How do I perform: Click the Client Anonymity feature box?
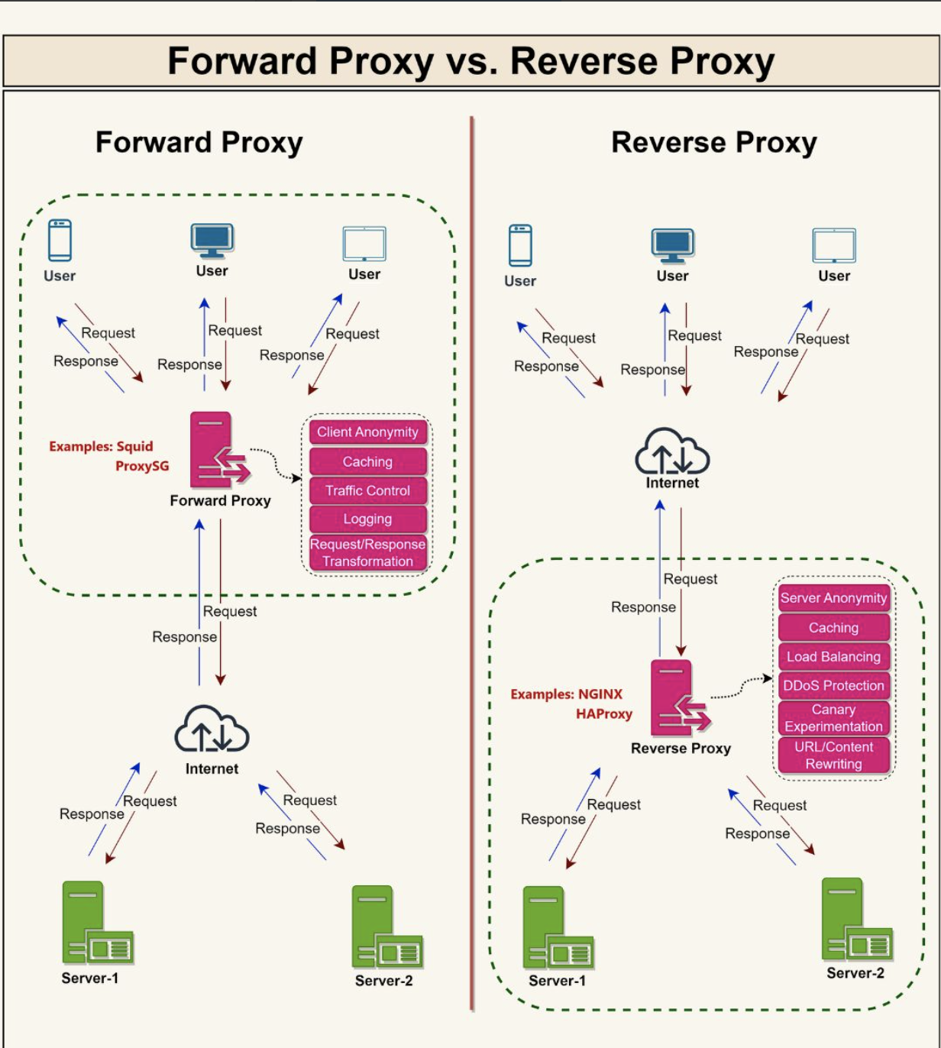pos(367,432)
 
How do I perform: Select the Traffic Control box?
pos(367,490)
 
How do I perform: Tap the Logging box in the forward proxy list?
pos(367,519)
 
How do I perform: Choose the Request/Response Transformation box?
pos(367,553)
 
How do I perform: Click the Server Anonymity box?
pos(833,598)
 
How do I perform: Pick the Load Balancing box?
pos(833,657)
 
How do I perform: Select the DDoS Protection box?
pos(833,686)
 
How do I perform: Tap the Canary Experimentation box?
pos(833,718)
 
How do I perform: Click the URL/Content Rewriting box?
pos(833,755)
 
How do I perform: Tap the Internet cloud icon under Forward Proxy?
pos(212,730)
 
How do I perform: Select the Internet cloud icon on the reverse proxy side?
pos(672,452)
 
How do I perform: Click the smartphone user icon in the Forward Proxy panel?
pos(60,241)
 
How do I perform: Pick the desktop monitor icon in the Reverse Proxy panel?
pos(672,246)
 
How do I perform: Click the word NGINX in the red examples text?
pos(600,694)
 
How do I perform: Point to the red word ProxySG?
pos(142,466)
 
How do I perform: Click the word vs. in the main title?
pos(471,61)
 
